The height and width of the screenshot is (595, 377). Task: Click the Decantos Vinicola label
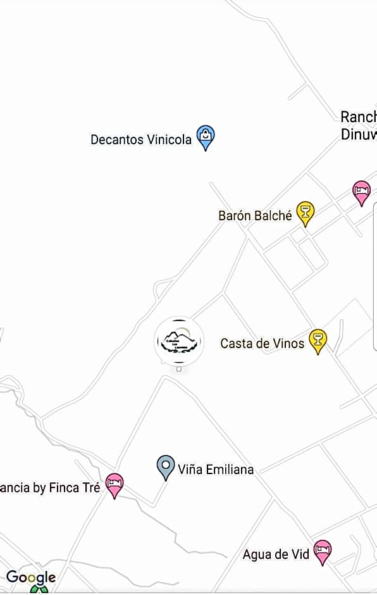click(x=140, y=139)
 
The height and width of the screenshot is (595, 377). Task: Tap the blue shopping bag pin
click(x=206, y=136)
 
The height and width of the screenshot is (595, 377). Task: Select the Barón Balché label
click(x=255, y=216)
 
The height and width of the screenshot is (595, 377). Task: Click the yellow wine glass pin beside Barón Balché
click(x=306, y=213)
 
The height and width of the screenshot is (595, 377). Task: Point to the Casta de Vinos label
click(x=262, y=343)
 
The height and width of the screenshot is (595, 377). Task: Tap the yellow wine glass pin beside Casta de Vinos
click(x=318, y=340)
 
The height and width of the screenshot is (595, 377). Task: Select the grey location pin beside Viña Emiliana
click(x=166, y=467)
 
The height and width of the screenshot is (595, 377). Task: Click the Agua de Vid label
click(x=276, y=554)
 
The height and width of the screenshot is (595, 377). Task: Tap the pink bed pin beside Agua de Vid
click(x=323, y=551)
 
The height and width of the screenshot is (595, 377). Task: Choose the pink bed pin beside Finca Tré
click(x=114, y=484)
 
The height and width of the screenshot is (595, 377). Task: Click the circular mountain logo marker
click(x=179, y=341)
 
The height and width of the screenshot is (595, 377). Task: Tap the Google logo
click(x=31, y=577)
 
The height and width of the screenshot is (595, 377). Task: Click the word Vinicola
click(x=169, y=139)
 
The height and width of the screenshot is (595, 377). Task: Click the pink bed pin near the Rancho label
click(x=361, y=191)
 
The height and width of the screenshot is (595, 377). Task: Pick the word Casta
click(x=235, y=343)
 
